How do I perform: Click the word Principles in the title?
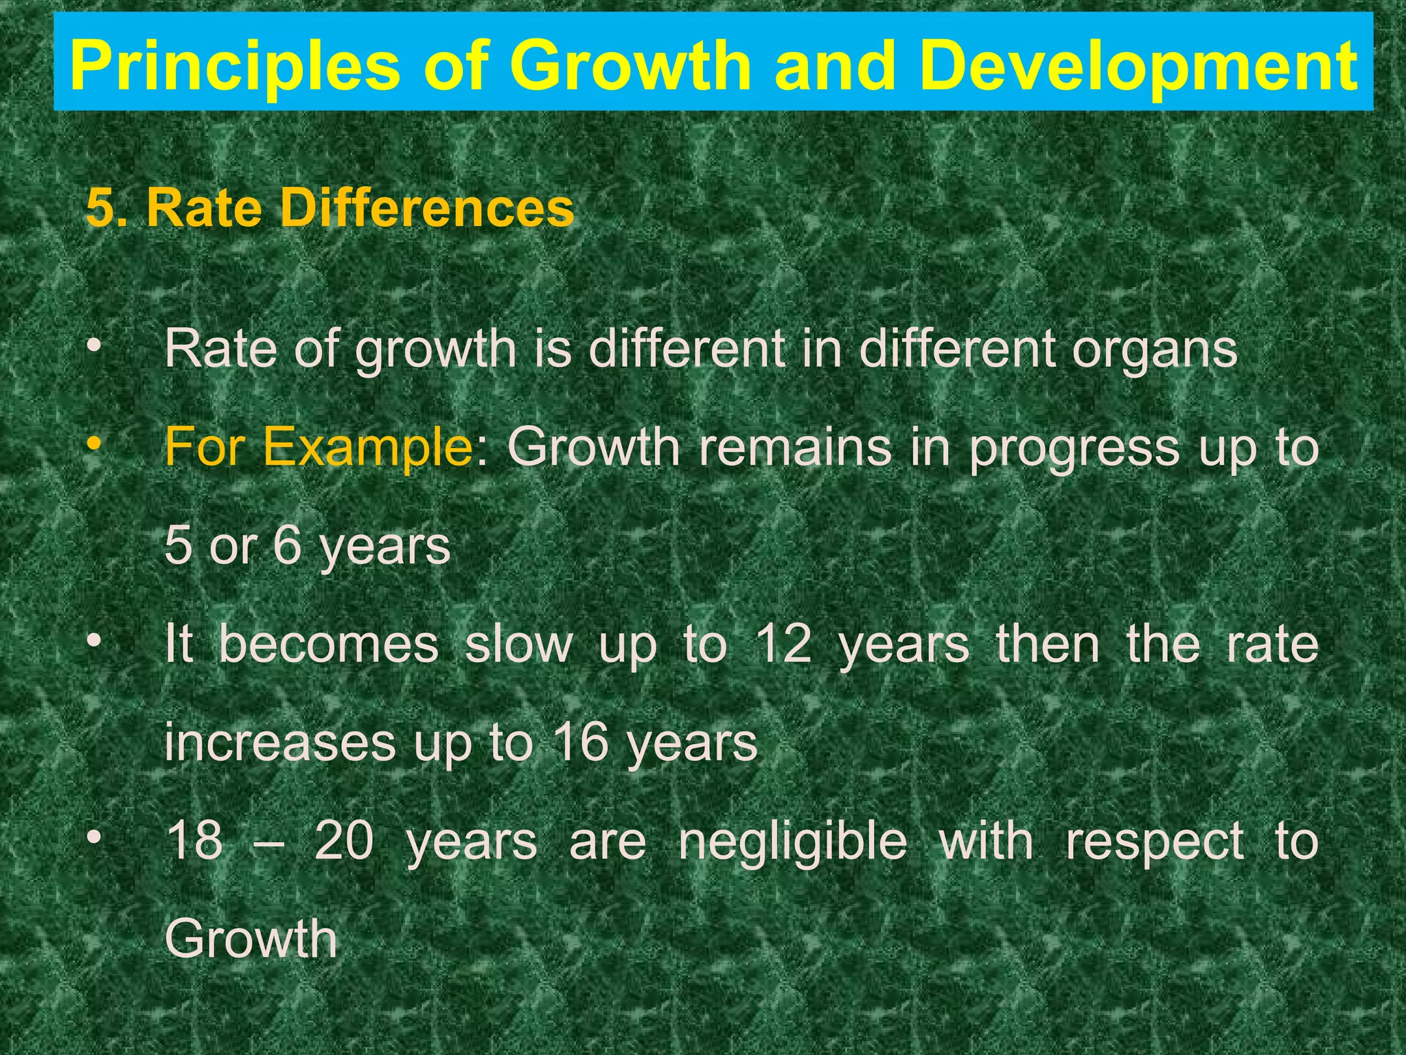pyautogui.click(x=234, y=65)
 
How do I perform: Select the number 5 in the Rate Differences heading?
pyautogui.click(x=100, y=208)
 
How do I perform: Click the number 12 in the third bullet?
pyautogui.click(x=783, y=644)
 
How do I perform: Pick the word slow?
pyautogui.click(x=518, y=644)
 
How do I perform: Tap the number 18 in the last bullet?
pyautogui.click(x=195, y=841)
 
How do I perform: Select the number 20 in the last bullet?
pyautogui.click(x=344, y=841)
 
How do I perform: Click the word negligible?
pyautogui.click(x=792, y=842)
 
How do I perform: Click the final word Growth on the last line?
pyautogui.click(x=251, y=939)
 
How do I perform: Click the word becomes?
pyautogui.click(x=329, y=644)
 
